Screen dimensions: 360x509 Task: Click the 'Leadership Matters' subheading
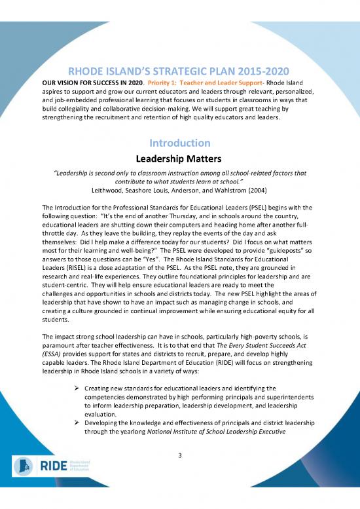pos(179,158)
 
